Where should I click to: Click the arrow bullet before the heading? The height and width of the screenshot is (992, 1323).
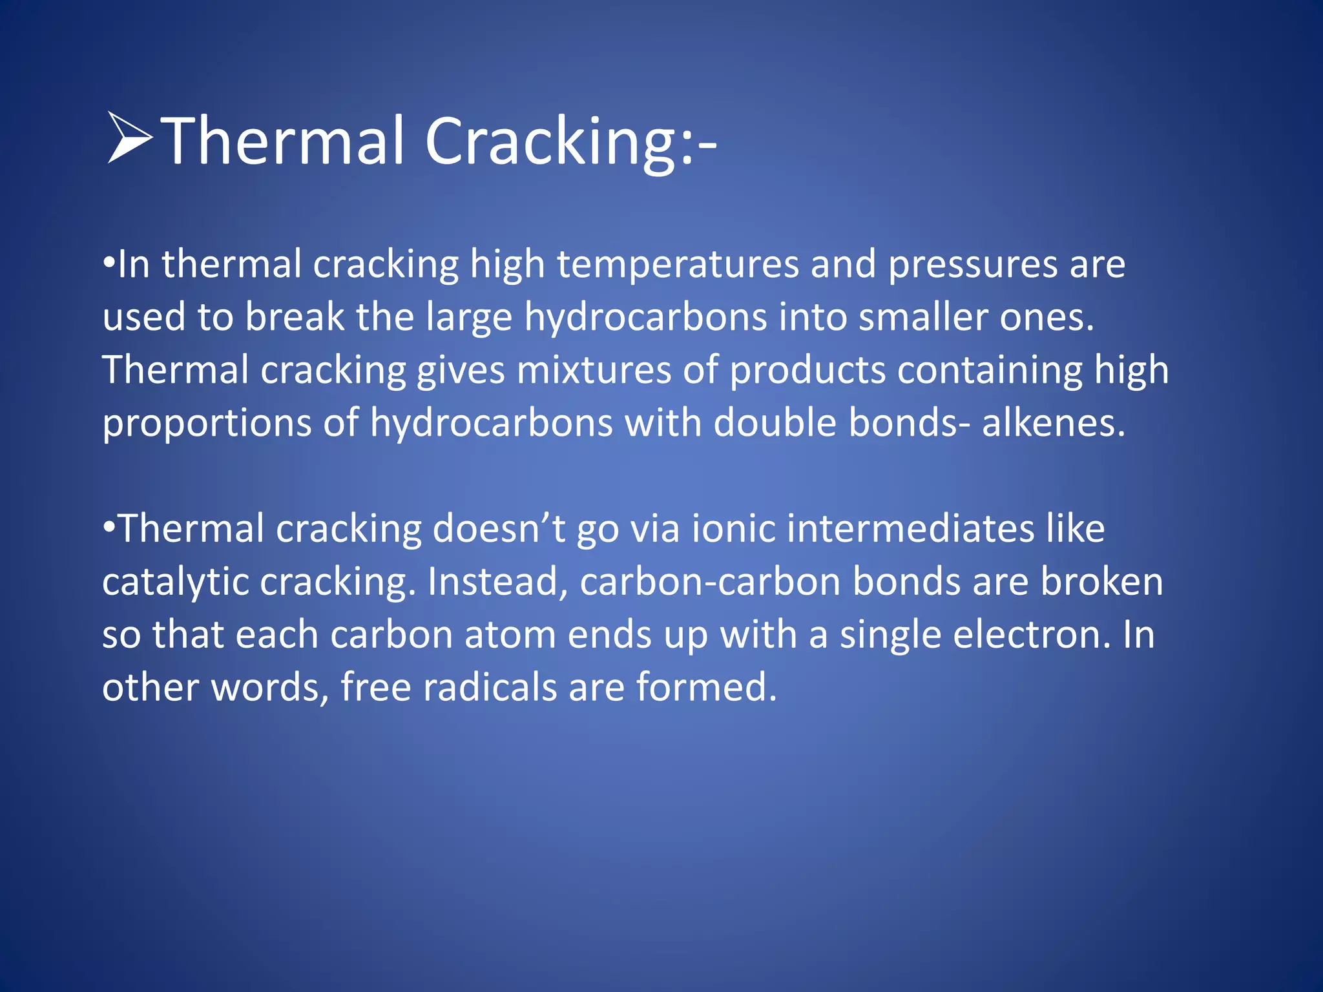(129, 137)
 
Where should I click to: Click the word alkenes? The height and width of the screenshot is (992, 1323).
(1053, 424)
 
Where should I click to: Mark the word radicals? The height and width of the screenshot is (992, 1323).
(490, 687)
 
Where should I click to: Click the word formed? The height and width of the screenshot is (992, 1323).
(706, 687)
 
